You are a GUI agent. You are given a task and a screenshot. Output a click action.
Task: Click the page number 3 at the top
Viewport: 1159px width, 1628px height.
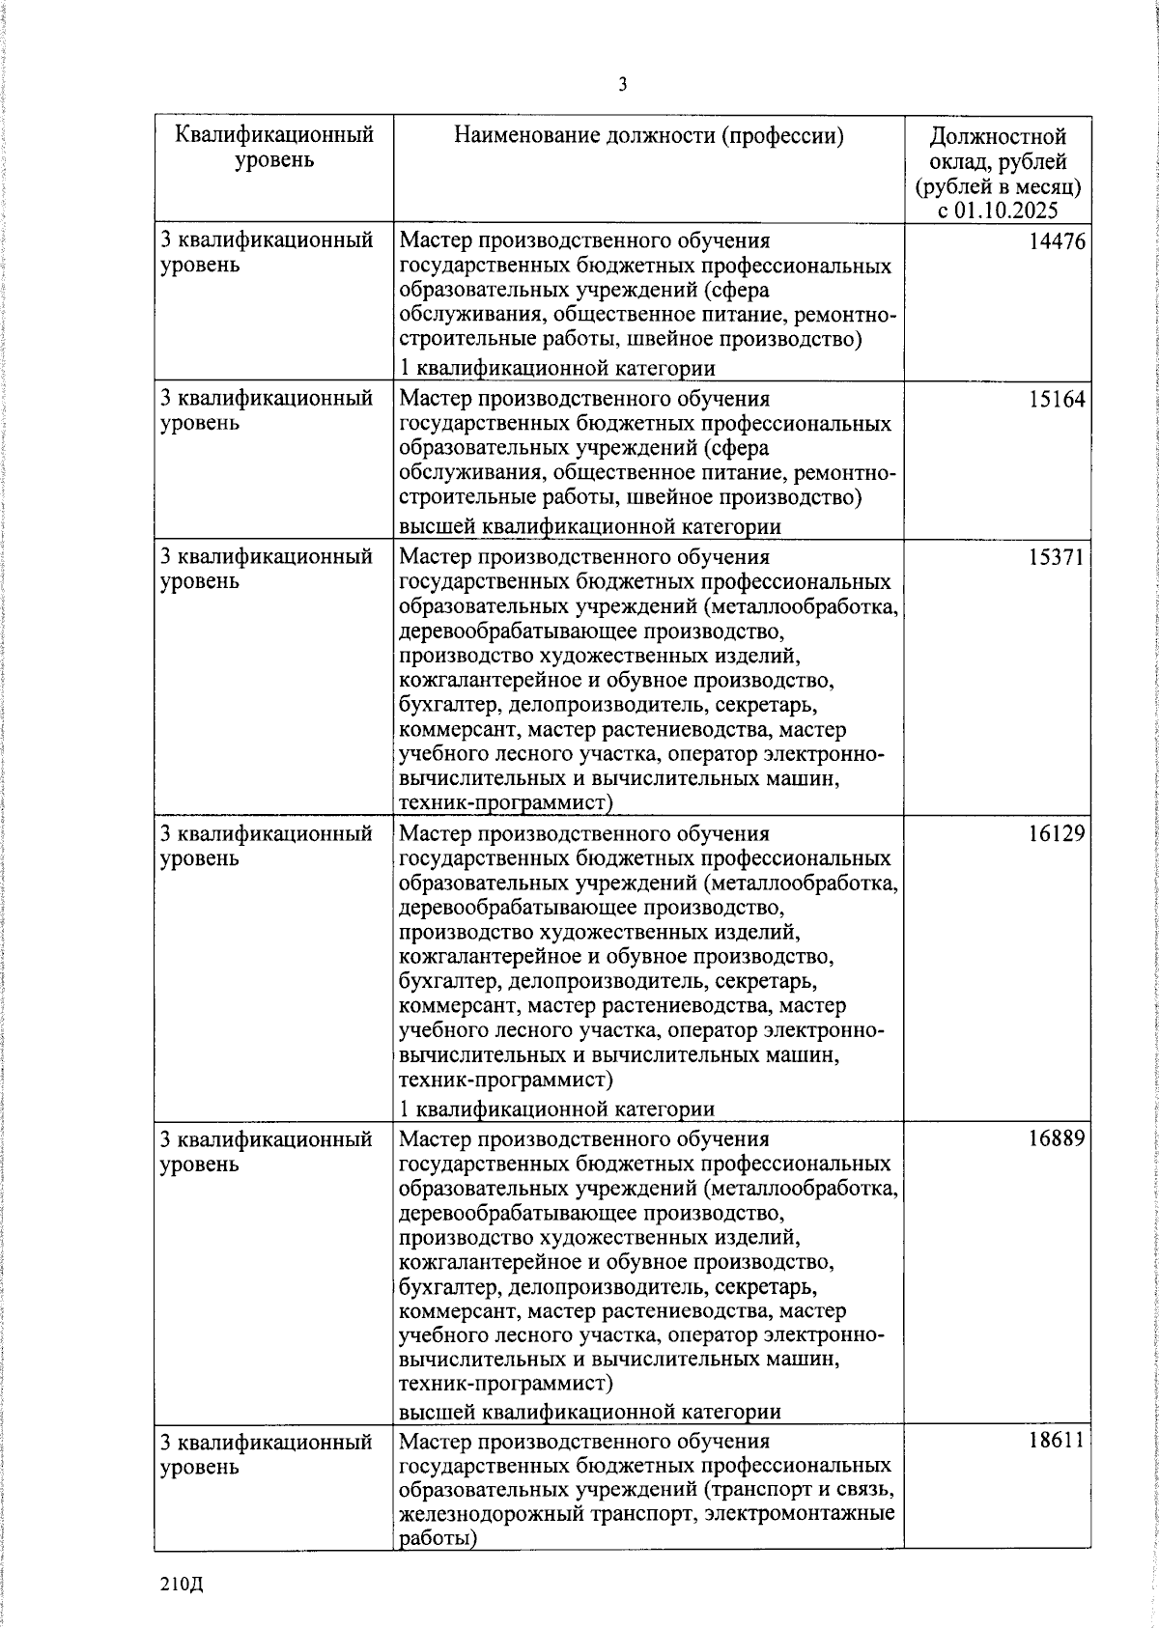[x=622, y=86]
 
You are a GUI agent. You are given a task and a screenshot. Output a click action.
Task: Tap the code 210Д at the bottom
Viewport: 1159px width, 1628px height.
[x=183, y=1585]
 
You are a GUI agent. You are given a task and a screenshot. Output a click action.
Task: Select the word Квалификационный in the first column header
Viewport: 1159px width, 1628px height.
[x=274, y=134]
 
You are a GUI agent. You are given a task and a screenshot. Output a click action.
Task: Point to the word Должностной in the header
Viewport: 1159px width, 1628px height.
[x=998, y=135]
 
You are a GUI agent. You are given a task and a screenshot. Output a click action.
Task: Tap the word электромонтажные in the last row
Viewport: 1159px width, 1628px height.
[x=800, y=1514]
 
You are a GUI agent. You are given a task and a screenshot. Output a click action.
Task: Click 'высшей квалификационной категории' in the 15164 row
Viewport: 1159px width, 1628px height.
[x=589, y=526]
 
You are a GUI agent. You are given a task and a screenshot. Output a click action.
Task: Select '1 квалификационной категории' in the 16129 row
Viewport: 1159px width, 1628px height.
[x=557, y=1109]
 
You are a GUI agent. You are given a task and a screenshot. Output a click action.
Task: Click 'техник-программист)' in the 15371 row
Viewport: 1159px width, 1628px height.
[x=506, y=802]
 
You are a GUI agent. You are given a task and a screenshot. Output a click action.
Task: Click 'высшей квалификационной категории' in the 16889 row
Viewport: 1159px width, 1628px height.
[x=589, y=1412]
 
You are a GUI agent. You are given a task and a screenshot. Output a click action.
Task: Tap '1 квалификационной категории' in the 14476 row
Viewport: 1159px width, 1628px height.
[x=557, y=368]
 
